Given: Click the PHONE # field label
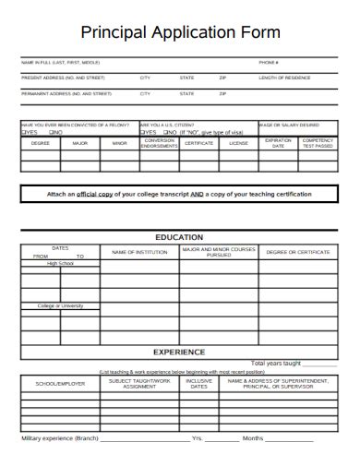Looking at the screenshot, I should tap(269, 63).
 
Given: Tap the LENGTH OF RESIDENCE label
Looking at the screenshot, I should tap(284, 78).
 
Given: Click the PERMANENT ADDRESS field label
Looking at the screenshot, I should tap(66, 93).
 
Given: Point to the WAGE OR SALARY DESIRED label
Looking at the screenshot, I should tap(290, 125).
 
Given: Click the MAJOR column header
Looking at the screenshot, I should tap(80, 143).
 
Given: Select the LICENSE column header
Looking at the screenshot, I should tap(238, 143).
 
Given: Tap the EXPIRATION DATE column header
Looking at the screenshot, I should tap(278, 143).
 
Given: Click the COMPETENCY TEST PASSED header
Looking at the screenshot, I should tap(318, 143).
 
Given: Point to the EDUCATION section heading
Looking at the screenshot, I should tap(179, 237).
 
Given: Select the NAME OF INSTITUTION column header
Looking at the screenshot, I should tap(139, 251).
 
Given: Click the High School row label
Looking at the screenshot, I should tap(60, 263).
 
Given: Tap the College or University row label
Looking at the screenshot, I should tap(60, 305).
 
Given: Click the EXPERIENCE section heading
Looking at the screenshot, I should tap(179, 352).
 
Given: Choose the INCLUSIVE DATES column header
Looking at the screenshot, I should tap(198, 383).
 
